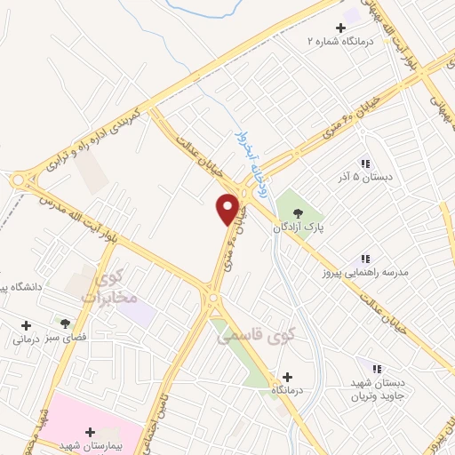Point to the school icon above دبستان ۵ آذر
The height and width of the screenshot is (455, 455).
click(x=364, y=163)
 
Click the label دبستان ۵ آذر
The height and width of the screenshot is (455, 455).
click(x=363, y=177)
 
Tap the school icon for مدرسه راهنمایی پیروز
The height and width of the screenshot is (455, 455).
click(x=365, y=259)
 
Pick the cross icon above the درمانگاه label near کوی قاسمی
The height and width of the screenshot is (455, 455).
click(x=285, y=376)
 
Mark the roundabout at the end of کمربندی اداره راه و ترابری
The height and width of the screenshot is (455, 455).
click(x=19, y=180)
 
